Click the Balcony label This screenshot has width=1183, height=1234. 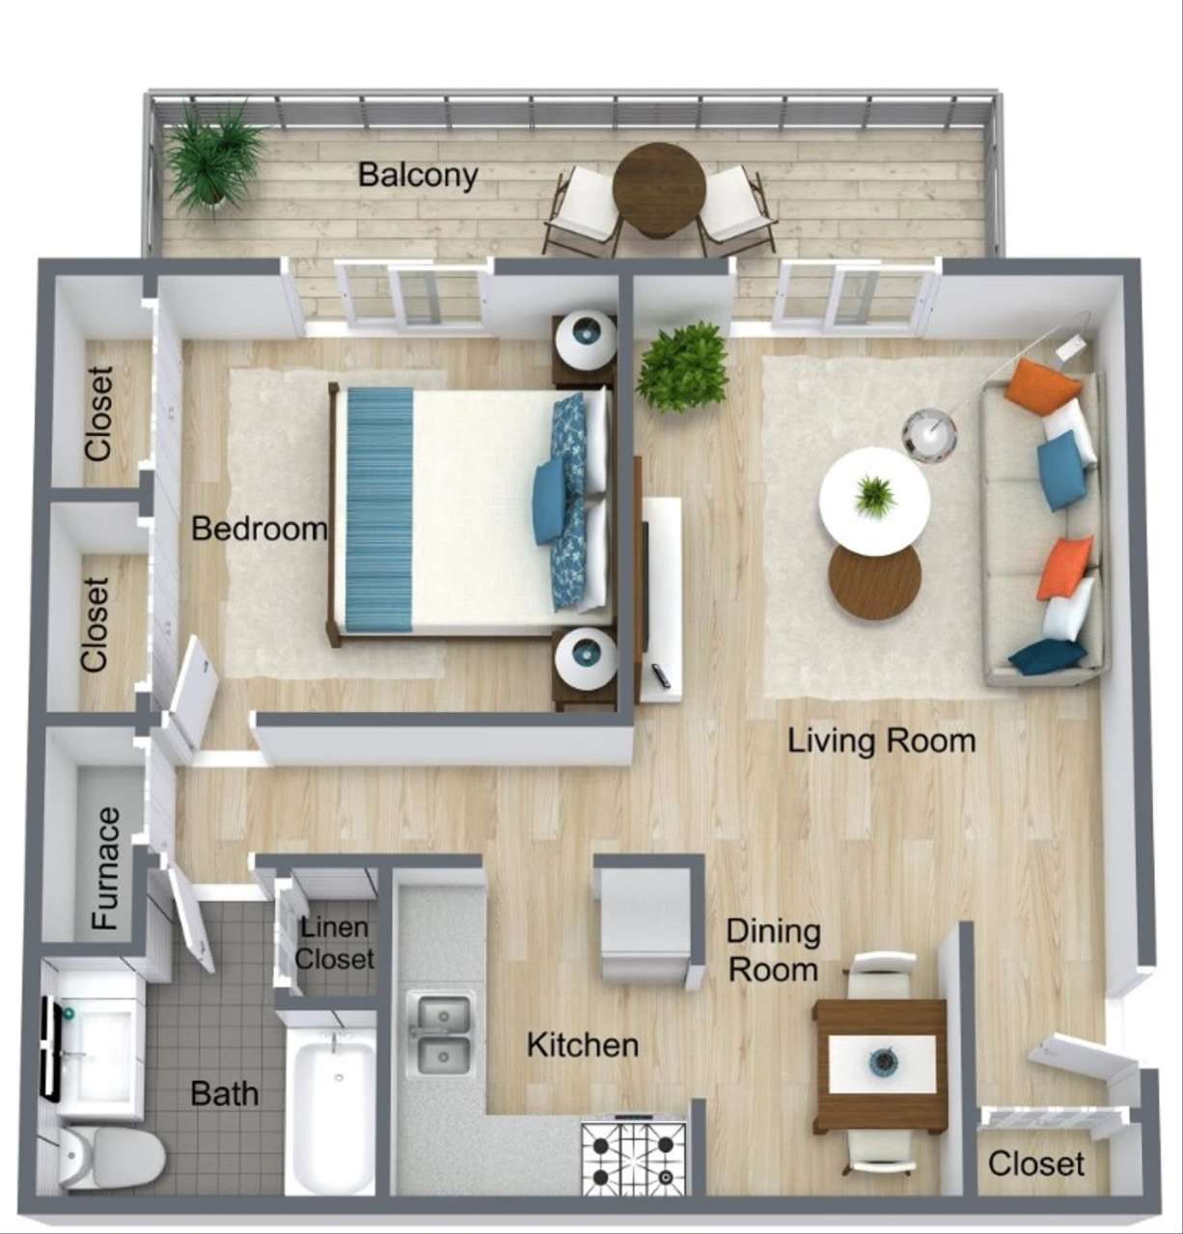click(418, 175)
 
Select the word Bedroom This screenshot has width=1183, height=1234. click(259, 529)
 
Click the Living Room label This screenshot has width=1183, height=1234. click(881, 741)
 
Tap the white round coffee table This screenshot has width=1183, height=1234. click(874, 500)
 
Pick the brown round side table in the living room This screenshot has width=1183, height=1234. click(874, 583)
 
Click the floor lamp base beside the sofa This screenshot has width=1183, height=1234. click(929, 432)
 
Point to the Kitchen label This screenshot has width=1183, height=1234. click(582, 1044)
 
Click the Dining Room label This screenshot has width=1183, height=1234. click(773, 950)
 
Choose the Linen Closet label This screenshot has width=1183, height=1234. click(334, 944)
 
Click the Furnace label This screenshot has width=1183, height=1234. click(106, 868)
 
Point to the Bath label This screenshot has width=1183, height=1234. click(224, 1093)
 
